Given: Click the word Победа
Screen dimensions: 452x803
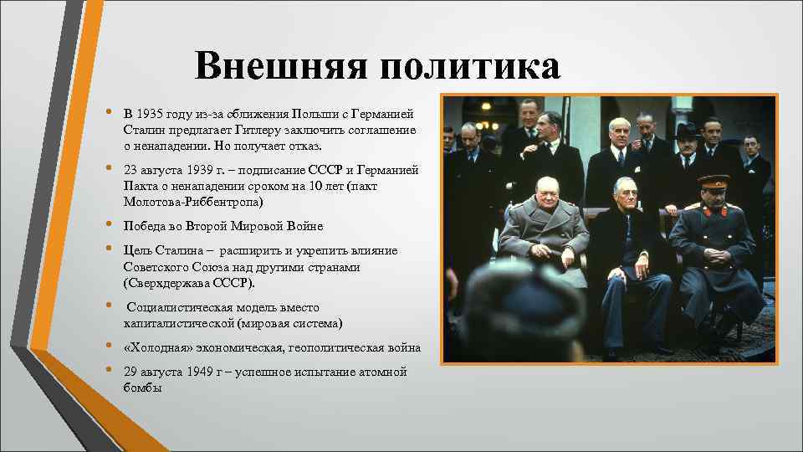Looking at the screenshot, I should click(x=146, y=226).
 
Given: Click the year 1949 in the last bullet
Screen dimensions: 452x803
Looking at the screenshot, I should click(x=192, y=372).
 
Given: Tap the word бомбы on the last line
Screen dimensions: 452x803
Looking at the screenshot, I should click(x=142, y=388).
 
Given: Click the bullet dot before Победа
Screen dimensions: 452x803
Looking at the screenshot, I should click(x=108, y=226).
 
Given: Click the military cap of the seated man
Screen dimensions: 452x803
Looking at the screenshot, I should click(x=713, y=182).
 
